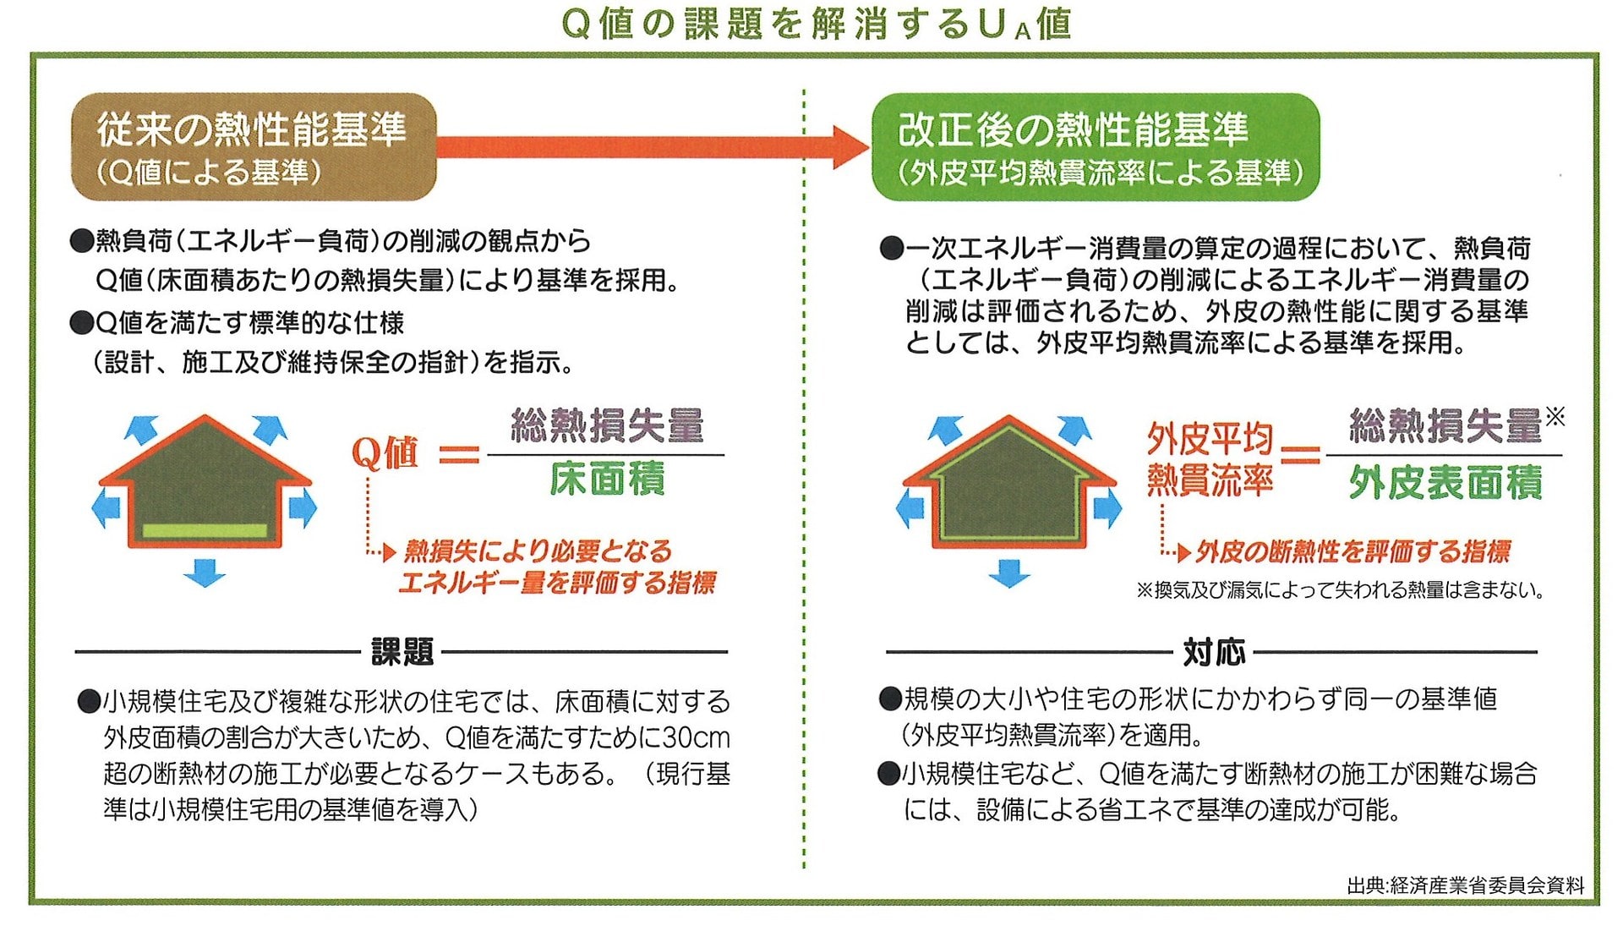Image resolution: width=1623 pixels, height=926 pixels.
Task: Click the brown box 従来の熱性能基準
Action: click(x=254, y=147)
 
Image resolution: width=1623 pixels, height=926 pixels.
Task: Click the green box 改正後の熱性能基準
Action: click(x=1096, y=147)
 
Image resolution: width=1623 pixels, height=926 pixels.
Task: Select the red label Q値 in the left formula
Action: click(x=385, y=452)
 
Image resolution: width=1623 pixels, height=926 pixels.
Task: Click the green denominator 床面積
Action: click(x=607, y=479)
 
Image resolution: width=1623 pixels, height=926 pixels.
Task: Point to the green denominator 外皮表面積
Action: click(x=1445, y=482)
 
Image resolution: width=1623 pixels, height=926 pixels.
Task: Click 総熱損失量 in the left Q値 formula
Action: click(x=607, y=425)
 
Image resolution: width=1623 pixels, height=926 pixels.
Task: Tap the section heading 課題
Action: click(x=402, y=652)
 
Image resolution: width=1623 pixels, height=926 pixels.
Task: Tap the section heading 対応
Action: click(x=1214, y=652)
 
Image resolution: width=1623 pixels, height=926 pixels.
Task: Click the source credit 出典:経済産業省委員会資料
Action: click(x=1466, y=885)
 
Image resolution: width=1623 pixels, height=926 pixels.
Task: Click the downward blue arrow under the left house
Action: click(x=205, y=573)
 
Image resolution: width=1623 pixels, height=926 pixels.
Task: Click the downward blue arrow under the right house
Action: click(x=1008, y=573)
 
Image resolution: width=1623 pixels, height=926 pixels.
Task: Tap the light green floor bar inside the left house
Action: click(x=205, y=531)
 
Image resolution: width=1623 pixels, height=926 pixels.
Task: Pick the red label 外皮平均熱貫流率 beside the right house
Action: click(x=1210, y=459)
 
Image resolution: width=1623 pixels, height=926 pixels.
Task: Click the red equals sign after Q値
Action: click(x=459, y=455)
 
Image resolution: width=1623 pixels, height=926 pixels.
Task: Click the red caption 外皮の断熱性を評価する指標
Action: click(x=1352, y=552)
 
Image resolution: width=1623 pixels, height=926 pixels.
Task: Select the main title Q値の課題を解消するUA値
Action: click(x=817, y=24)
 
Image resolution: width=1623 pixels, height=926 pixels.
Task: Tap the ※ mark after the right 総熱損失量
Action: click(x=1555, y=416)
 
